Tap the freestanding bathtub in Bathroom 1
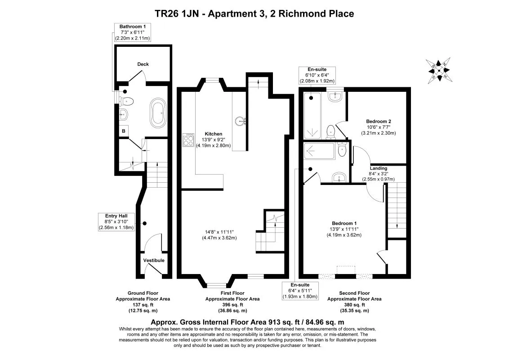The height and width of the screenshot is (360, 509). [158, 112]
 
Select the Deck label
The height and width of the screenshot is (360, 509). [143, 64]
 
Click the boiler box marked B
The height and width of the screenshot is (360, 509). [124, 131]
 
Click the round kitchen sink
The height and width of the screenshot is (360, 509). [240, 121]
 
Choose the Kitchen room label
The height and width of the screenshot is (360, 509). [213, 134]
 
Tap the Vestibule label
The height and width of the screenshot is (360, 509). [154, 261]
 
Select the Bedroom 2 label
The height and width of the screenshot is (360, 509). [378, 121]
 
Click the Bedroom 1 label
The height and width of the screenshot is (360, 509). [344, 224]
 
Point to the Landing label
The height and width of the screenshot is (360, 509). [378, 168]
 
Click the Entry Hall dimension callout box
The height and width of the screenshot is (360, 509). [116, 222]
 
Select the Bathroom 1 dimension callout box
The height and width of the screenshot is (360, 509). [132, 33]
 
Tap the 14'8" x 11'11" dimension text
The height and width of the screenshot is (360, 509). [217, 232]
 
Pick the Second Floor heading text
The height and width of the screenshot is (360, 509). [354, 293]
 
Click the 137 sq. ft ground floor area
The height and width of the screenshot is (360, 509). [143, 305]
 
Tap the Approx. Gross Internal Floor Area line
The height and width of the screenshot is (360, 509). [247, 322]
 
